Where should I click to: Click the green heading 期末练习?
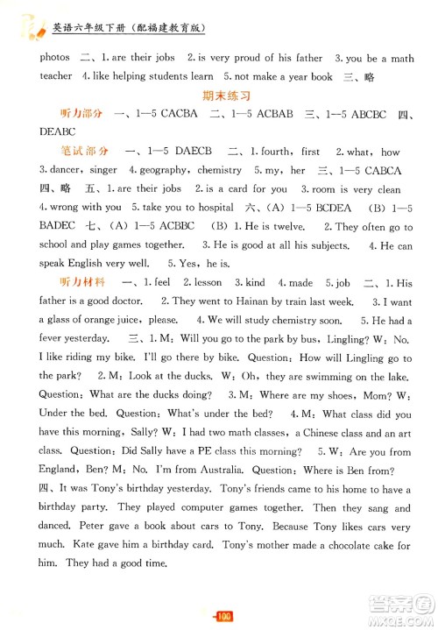point(219,96)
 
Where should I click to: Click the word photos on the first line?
point(53,57)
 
